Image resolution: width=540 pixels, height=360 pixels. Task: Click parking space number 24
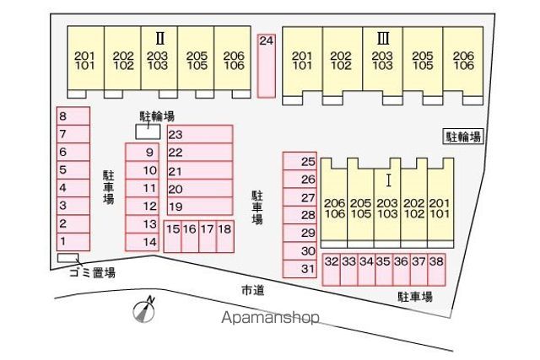pos(267,66)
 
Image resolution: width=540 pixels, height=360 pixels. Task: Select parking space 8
pos(73,116)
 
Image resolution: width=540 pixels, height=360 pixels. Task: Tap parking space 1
pos(73,242)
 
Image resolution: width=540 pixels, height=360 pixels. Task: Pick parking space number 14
pos(143,242)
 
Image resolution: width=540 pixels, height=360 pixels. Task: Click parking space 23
pos(200,134)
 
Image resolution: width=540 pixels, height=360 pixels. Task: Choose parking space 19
pos(200,207)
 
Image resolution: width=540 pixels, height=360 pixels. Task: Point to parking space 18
pos(225,236)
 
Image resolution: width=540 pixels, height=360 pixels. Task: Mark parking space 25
pos(300,161)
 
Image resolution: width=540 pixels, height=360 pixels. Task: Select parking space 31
pos(300,268)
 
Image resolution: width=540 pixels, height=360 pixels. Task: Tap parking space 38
pos(437,270)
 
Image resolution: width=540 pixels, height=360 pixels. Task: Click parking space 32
pos(332,270)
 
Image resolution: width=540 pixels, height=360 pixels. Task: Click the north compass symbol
pos(144,309)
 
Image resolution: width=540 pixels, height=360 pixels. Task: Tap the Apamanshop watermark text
pos(270,317)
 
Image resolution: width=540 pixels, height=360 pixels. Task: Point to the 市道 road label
pos(253,291)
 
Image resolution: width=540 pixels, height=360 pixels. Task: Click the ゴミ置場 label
pos(92,272)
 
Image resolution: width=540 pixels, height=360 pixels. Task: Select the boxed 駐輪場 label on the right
pos(463,137)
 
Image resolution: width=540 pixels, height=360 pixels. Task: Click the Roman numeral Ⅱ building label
pos(159,38)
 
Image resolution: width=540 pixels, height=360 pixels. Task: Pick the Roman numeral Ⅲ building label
pos(383,38)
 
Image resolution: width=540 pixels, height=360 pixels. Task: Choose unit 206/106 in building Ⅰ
pos(334,203)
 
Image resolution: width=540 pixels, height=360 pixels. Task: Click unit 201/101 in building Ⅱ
pos(85,58)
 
